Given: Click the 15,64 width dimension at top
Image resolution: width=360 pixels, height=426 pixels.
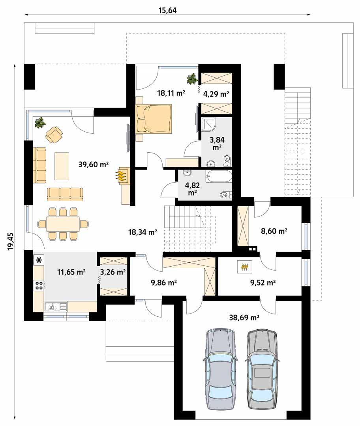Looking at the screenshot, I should point(167,10).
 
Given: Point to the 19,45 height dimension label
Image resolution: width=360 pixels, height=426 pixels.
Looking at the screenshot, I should point(10,241).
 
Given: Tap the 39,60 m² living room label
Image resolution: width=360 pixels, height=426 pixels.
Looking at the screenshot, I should point(94,164).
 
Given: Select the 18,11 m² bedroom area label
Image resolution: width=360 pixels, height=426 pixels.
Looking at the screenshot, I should point(171,93).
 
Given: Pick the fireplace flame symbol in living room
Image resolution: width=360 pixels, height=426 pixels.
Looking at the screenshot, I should point(122,176).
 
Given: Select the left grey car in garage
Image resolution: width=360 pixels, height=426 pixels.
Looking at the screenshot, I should point(220,368).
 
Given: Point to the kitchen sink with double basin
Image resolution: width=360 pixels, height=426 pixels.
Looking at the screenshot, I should point(56,306).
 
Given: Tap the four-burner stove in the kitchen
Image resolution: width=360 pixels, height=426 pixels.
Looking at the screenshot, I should point(39,285).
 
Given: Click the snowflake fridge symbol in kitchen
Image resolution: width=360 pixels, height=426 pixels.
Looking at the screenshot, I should point(39,260).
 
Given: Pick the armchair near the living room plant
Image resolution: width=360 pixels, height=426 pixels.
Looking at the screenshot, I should point(54,134).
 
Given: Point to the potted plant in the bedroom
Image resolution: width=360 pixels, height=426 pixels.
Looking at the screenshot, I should point(192,79).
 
